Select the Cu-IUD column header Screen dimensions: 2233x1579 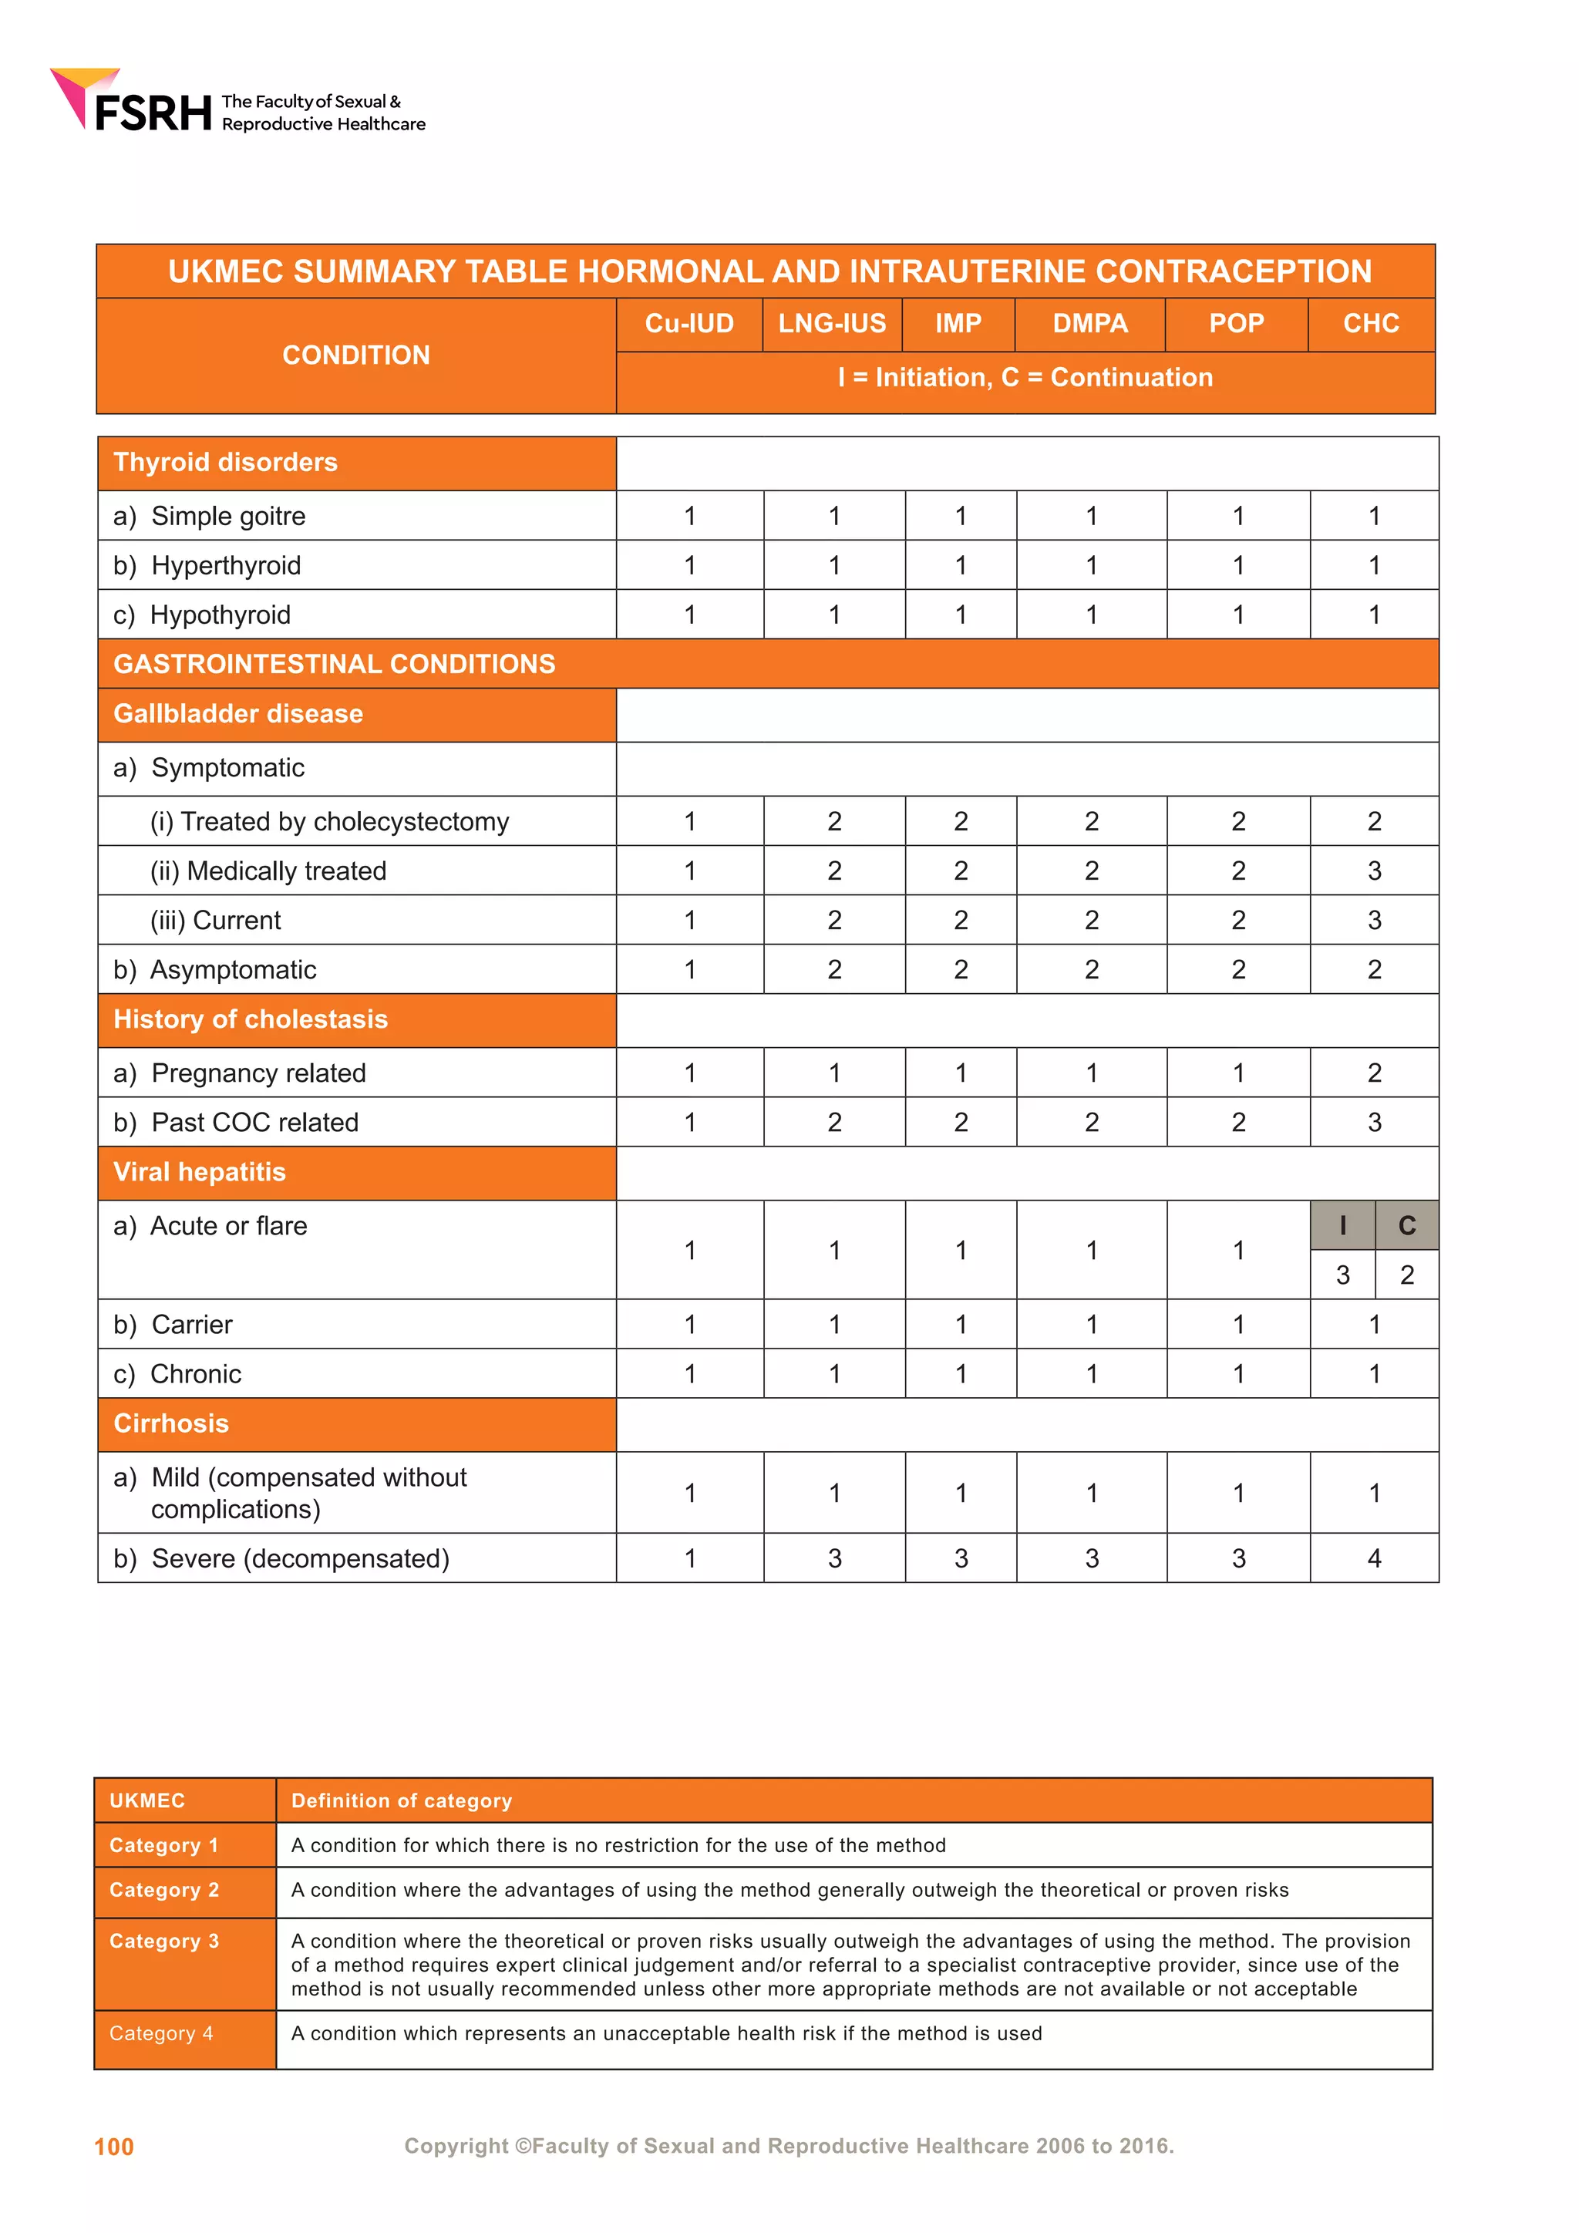(x=688, y=324)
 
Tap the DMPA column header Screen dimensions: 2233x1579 (x=1090, y=324)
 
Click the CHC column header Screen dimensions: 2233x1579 (x=1371, y=324)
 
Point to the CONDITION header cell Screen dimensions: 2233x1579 (x=356, y=355)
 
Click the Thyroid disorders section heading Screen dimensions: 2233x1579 (x=226, y=462)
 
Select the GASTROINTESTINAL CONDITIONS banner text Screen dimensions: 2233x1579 (x=335, y=664)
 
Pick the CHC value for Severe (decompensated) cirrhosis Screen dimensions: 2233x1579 (x=1374, y=1558)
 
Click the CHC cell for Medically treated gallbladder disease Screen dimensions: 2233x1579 (x=1374, y=871)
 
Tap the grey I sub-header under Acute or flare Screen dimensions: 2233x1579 (x=1343, y=1225)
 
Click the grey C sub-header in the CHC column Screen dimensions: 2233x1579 (x=1407, y=1225)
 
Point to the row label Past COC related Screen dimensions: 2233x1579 (x=254, y=1123)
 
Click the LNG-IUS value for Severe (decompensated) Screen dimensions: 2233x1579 (x=834, y=1558)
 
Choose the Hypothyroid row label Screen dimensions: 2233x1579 (x=220, y=615)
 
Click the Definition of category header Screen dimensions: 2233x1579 (x=402, y=1800)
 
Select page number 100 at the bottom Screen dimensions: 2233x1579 (x=114, y=2147)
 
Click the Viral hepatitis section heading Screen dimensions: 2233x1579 (x=200, y=1172)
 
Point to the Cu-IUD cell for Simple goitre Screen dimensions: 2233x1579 (x=689, y=516)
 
